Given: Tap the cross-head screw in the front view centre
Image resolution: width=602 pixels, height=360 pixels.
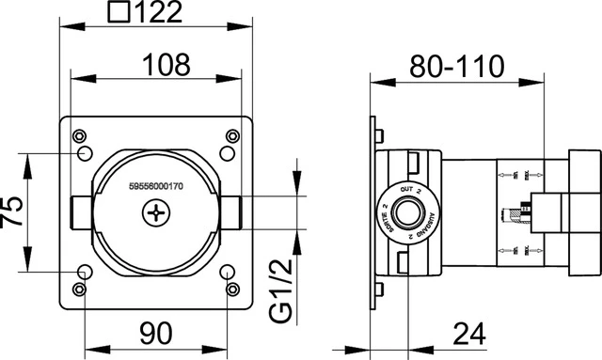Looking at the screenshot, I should pos(155,215).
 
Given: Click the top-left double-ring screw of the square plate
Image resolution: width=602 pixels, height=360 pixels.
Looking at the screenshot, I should pos(79,134).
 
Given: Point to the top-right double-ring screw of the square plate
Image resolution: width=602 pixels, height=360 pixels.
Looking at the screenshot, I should pos(232,134).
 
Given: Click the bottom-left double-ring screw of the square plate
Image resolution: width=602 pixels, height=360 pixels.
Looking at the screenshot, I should pos(79,290).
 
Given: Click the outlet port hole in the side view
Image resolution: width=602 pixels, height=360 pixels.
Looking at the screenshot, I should pos(405,213).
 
